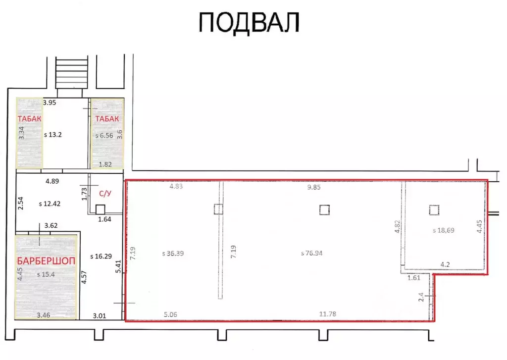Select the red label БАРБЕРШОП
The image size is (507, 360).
pos(46,261)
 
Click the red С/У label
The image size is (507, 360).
pos(104,194)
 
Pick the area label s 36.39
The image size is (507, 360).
pos(176,253)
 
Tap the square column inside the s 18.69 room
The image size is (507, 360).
pos(434,210)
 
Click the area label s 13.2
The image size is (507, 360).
pos(55,134)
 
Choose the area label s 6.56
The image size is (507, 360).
pos(104,135)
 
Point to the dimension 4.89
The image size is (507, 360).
pos(52,181)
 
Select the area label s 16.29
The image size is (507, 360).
pos(101,256)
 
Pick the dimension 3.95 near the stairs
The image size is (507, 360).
pos(50,103)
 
